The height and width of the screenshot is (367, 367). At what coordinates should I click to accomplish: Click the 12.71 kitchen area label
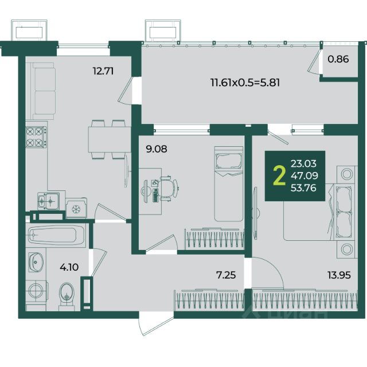[103, 71]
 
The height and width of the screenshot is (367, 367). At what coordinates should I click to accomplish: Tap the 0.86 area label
[338, 59]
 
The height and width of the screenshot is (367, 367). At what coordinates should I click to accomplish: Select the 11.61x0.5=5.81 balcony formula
[245, 83]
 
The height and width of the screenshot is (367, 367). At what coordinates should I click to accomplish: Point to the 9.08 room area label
[157, 149]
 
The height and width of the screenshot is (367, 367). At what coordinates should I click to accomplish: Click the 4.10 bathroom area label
[69, 267]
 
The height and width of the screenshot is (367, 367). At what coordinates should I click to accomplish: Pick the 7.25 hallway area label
[226, 275]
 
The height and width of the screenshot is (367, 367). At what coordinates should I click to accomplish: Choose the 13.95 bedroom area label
[339, 275]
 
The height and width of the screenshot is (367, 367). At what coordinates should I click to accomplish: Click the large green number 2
[279, 176]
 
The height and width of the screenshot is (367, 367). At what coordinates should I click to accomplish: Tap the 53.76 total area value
[303, 188]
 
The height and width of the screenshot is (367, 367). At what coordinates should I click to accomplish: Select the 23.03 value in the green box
[303, 163]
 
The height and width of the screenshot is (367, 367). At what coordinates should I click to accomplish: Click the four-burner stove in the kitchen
[36, 137]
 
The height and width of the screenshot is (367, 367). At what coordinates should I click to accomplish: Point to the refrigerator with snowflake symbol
[76, 208]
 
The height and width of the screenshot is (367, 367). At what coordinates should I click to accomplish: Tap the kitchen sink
[48, 201]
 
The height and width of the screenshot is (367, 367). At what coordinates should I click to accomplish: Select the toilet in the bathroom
[67, 296]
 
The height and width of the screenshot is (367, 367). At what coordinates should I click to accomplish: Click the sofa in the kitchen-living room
[44, 91]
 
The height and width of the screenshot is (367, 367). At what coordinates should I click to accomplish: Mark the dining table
[110, 139]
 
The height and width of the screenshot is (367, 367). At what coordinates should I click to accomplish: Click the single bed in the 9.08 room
[229, 184]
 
